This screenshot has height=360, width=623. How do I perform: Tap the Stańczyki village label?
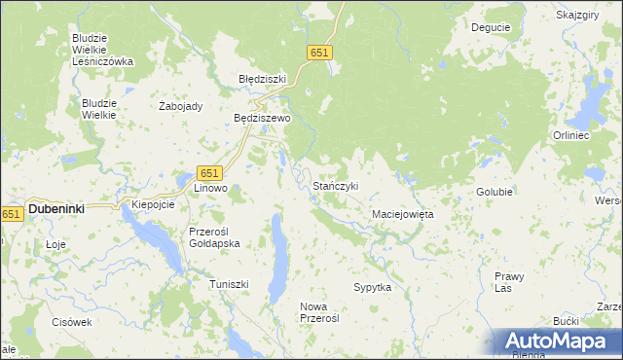pos(336,186)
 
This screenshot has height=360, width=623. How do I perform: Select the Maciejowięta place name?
pos(402,213)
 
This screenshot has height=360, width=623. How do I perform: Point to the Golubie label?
pos(495,193)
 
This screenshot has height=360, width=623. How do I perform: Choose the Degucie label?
pos(490,28)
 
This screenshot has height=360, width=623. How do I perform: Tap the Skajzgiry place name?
pos(577,16)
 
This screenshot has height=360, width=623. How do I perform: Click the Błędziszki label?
pos(262,79)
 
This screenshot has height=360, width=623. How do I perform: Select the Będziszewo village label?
pos(262,118)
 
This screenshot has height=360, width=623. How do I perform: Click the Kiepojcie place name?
pos(152,205)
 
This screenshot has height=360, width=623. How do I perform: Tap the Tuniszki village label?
pos(230,284)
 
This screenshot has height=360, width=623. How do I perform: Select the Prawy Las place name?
pos(509,281)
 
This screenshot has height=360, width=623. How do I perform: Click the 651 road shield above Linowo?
pos(212,172)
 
